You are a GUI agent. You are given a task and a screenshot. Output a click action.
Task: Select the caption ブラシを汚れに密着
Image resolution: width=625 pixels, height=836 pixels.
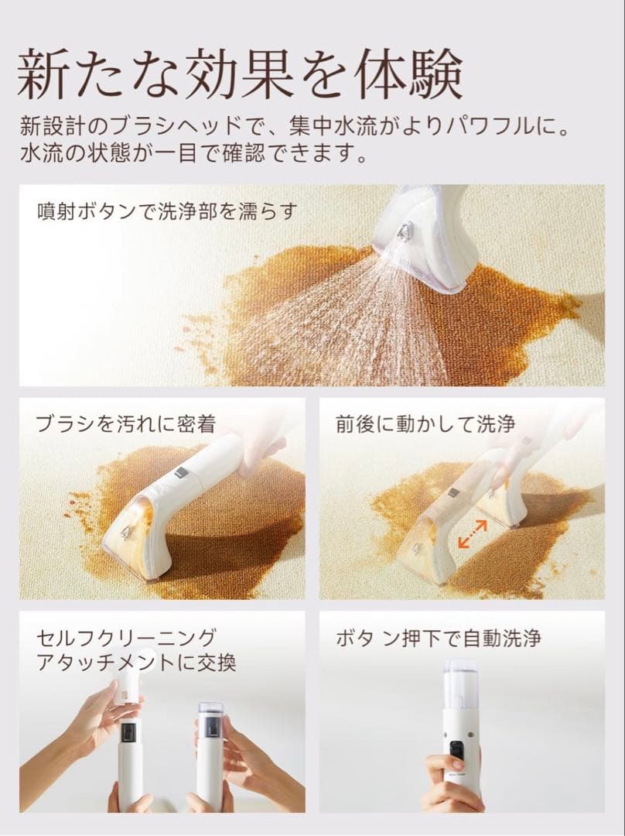click(x=125, y=423)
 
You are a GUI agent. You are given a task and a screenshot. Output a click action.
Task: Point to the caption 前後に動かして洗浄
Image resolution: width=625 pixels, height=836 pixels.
click(x=425, y=423)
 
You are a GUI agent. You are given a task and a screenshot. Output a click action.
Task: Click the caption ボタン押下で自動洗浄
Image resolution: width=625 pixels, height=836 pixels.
click(x=438, y=639)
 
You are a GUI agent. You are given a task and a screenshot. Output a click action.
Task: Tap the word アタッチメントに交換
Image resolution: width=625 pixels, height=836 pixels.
click(x=136, y=663)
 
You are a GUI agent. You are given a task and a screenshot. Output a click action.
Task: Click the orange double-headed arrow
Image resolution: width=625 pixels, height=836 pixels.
click(x=472, y=534)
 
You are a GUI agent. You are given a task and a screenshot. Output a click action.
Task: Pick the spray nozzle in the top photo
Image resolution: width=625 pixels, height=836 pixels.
click(x=404, y=231)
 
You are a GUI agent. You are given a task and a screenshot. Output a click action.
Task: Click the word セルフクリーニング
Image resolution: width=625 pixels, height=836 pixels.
click(x=126, y=639)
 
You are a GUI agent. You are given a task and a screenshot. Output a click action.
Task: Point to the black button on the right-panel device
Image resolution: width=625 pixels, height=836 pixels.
click(x=457, y=749)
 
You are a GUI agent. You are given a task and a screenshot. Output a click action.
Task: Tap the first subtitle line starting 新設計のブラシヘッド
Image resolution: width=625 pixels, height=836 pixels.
click(x=297, y=124)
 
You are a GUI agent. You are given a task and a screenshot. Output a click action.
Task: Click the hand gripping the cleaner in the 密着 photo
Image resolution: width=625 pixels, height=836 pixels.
click(x=260, y=453)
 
